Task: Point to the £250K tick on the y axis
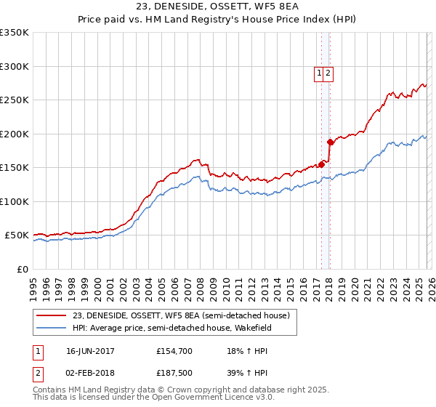[15, 100]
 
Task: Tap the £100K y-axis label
[15, 202]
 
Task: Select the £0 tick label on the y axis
[22, 270]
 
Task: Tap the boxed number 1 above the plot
[319, 73]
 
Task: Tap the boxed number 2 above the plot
[328, 73]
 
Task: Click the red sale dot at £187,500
[330, 142]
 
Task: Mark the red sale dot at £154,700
[321, 164]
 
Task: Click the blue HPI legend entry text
[184, 329]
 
